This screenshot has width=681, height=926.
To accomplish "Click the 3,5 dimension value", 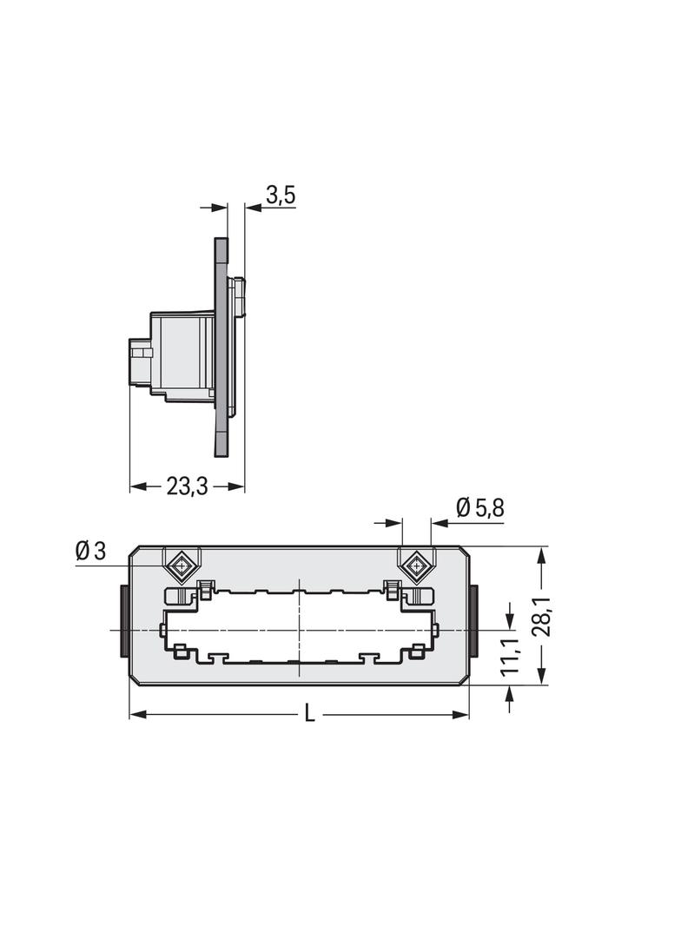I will click(x=281, y=195).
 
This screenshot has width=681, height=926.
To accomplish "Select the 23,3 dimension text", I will click(x=187, y=486).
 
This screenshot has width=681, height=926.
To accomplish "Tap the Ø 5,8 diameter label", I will click(x=479, y=508).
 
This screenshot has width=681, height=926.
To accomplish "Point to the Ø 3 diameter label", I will click(x=90, y=551).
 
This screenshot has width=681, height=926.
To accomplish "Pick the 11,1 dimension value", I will click(x=510, y=655).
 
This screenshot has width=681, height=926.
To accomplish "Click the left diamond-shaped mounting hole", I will click(x=182, y=568).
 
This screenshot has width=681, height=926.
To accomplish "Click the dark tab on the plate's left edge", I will click(x=125, y=622).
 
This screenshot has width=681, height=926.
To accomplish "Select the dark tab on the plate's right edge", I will click(x=473, y=622).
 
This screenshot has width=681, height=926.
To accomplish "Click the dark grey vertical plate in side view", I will click(x=221, y=347).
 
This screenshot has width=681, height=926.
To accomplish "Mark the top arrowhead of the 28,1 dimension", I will click(x=542, y=553).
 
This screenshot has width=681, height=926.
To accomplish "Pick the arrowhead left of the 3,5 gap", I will click(x=221, y=207).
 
